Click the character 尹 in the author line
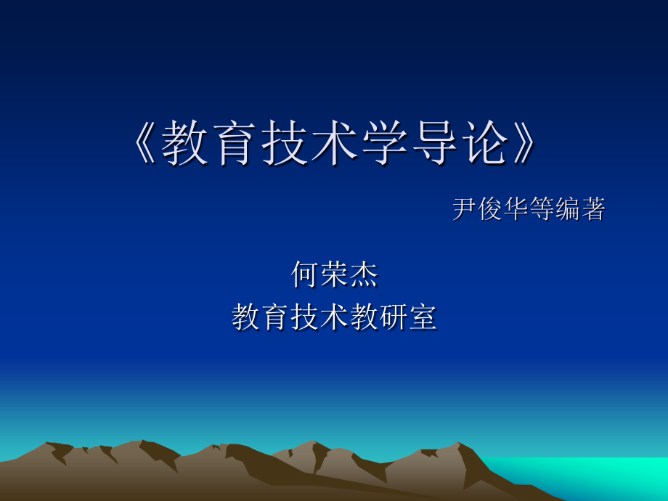465,209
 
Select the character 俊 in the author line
491,209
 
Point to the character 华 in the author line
516,209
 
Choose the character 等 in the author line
542,209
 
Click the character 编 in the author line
567,209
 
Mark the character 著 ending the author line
592,209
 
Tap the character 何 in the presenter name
305,274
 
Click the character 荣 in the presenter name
335,274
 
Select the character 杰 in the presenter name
364,274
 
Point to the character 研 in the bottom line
394,317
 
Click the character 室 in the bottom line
423,317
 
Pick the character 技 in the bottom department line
305,317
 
